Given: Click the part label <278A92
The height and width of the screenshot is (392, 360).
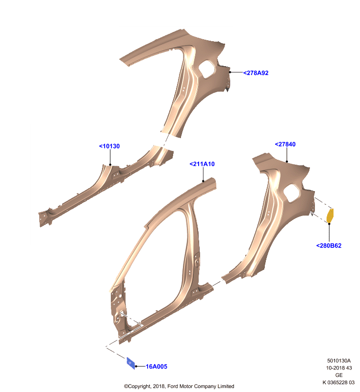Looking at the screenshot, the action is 256,73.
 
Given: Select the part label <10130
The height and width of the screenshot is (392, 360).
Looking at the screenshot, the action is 109,146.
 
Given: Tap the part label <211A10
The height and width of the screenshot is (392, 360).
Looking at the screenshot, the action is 202,164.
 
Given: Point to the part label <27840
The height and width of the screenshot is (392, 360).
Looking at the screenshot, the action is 285,144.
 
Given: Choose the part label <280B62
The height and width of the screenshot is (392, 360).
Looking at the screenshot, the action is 329,246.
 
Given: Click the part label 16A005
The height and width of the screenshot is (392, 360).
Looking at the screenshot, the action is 156,367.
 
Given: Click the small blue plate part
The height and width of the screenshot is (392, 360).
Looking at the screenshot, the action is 130,363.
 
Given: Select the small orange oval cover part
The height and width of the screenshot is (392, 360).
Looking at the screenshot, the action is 330,216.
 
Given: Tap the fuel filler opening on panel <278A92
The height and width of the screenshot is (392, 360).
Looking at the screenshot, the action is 206,69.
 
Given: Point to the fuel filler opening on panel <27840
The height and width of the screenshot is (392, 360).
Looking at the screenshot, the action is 291,193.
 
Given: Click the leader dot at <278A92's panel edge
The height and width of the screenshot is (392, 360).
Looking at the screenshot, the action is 230,72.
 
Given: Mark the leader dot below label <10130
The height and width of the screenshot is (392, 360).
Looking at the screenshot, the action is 110,165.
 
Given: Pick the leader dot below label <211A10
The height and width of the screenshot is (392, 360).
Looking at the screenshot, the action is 203,181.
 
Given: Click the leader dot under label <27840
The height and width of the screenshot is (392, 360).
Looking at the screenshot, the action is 287,162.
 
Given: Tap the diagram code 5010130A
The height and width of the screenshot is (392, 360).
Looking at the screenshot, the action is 339,361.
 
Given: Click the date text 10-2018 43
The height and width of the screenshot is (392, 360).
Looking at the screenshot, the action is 339,368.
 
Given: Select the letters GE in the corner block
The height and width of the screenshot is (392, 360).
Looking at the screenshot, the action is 339,375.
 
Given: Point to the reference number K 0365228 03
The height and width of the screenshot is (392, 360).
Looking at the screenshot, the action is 338,383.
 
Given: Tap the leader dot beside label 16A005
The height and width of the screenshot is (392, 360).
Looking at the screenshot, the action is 136,367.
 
